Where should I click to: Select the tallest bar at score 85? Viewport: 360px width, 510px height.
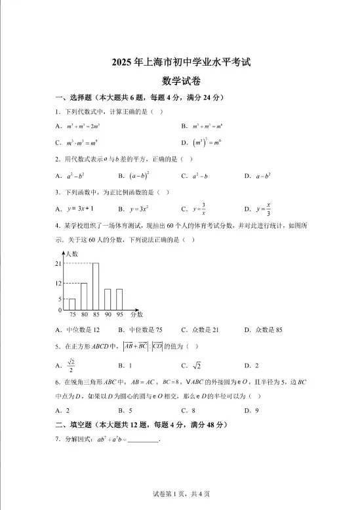point(96,286)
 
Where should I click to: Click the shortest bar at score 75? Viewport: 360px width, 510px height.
point(72,304)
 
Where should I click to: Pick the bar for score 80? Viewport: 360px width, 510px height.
point(84,296)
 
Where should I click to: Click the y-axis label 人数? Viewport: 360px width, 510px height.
point(71,253)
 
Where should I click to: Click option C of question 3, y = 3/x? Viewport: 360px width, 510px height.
point(200,209)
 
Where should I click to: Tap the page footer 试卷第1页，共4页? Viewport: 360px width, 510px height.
point(180,493)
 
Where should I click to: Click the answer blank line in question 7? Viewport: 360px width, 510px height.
point(144,440)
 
